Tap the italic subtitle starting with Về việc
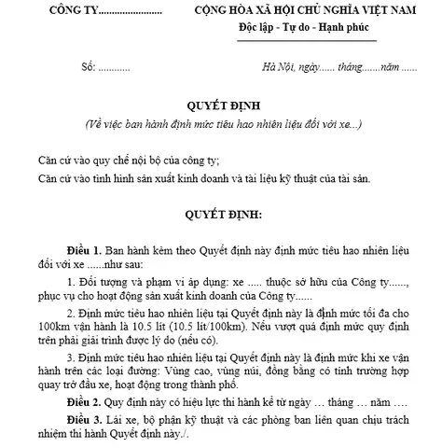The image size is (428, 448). coord(214,123)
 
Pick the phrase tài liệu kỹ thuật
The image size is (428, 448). coord(290,175)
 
